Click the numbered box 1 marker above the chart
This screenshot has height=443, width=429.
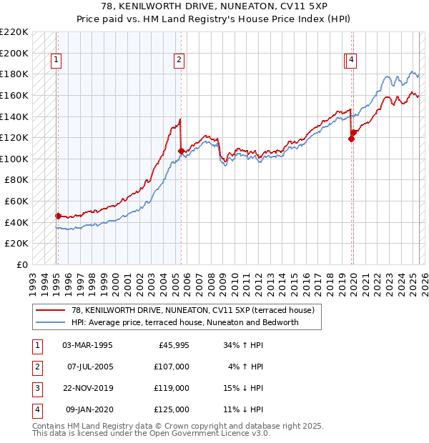[56, 61]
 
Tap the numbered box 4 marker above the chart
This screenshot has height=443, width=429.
[352, 61]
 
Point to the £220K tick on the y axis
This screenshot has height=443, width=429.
[15, 32]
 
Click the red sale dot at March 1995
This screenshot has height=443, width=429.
[58, 215]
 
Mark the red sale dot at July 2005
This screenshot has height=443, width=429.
[181, 151]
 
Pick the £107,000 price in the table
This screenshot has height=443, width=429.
[172, 367]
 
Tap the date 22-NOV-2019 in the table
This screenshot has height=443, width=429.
[88, 389]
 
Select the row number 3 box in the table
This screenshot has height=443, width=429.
[36, 389]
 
